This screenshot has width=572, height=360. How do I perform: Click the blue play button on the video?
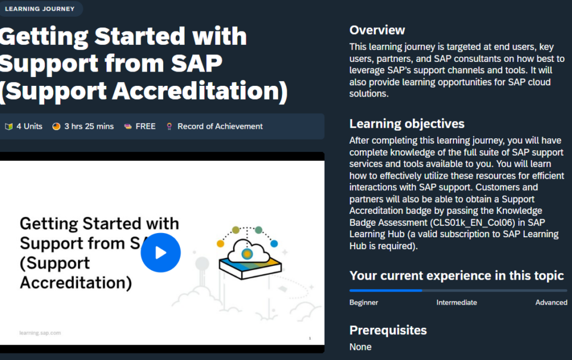[160, 252]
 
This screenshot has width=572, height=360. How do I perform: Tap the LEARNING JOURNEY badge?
[40, 9]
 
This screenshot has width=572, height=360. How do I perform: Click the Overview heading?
[377, 30]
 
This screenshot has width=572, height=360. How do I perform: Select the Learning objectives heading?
[407, 124]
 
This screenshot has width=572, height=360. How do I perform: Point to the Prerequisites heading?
[388, 330]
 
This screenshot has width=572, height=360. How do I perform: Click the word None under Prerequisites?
[360, 347]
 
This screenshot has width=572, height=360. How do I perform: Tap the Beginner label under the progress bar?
[363, 302]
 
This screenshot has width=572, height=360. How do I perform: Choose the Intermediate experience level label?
[457, 302]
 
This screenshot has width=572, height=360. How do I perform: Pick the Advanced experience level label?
[551, 302]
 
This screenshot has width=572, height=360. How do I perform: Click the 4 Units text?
[29, 126]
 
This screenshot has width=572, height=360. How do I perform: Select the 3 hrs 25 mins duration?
[89, 126]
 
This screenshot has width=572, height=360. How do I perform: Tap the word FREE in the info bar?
[145, 126]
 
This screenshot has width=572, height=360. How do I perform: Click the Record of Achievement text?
[220, 126]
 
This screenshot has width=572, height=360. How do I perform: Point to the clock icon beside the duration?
[56, 126]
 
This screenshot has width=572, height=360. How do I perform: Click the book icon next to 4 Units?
[9, 126]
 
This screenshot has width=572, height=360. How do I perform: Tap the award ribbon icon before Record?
[169, 126]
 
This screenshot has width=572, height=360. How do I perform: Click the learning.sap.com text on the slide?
[40, 333]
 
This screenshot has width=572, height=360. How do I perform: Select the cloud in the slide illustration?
[247, 251]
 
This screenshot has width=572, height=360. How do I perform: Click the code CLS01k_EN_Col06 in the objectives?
[472, 222]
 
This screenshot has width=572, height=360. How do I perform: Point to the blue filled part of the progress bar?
[386, 291]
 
